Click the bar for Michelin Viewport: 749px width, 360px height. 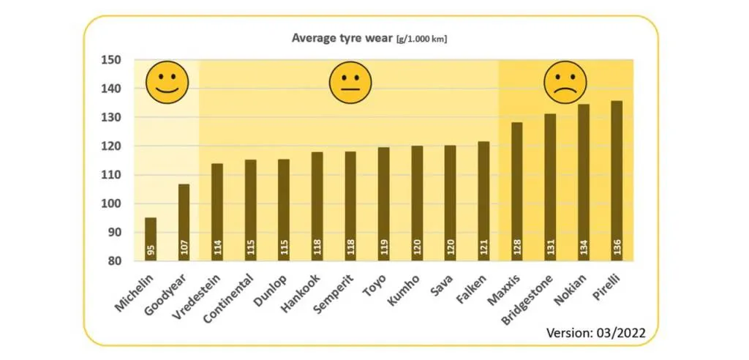coord(151,239)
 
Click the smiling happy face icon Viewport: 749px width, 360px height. coord(167,82)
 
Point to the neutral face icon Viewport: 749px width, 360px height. coord(350,82)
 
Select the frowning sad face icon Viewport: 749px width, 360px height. coord(565,82)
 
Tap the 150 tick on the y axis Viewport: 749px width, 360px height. coord(111,60)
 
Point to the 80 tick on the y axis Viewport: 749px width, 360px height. coord(114,261)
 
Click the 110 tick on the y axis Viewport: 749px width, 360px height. coord(111,175)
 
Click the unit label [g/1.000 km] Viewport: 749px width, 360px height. coord(422,39)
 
